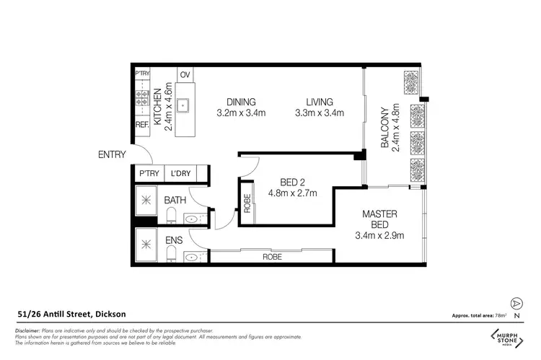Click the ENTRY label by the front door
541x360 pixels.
click(112, 154)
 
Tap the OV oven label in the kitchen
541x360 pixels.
click(185, 75)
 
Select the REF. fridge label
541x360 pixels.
click(142, 125)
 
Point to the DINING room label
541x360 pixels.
click(241, 102)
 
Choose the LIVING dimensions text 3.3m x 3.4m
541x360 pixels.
click(319, 113)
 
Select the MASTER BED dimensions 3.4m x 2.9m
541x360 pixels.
click(379, 235)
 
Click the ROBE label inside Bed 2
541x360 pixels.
click(247, 204)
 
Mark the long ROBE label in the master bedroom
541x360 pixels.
click(272, 255)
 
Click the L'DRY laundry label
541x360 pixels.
click(181, 173)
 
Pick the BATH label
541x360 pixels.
click(175, 200)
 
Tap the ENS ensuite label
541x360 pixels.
click(173, 240)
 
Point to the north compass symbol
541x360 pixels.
click(516, 304)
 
